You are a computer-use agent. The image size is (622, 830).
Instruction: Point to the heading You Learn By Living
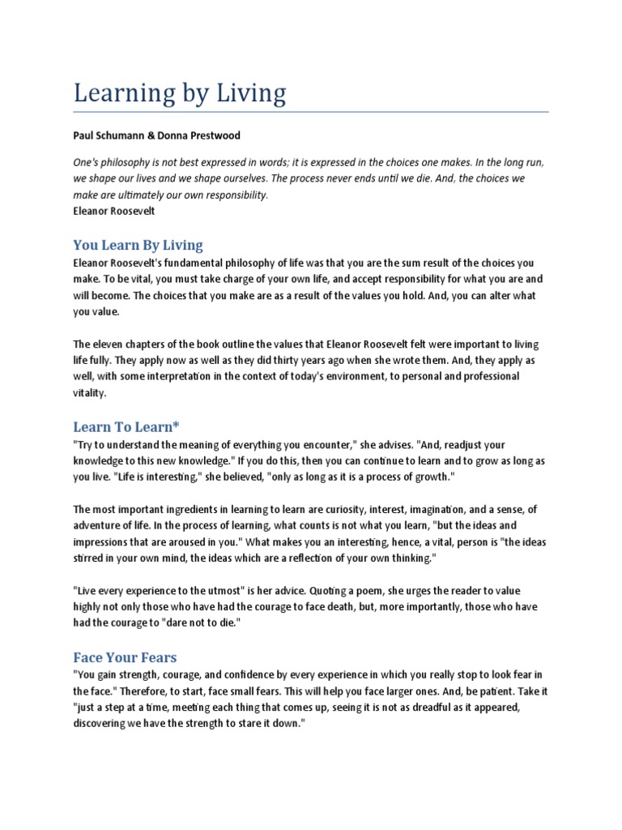[138, 245]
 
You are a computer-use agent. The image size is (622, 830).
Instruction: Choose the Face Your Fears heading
[125, 657]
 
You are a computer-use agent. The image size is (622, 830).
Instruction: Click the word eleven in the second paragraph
[111, 344]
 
